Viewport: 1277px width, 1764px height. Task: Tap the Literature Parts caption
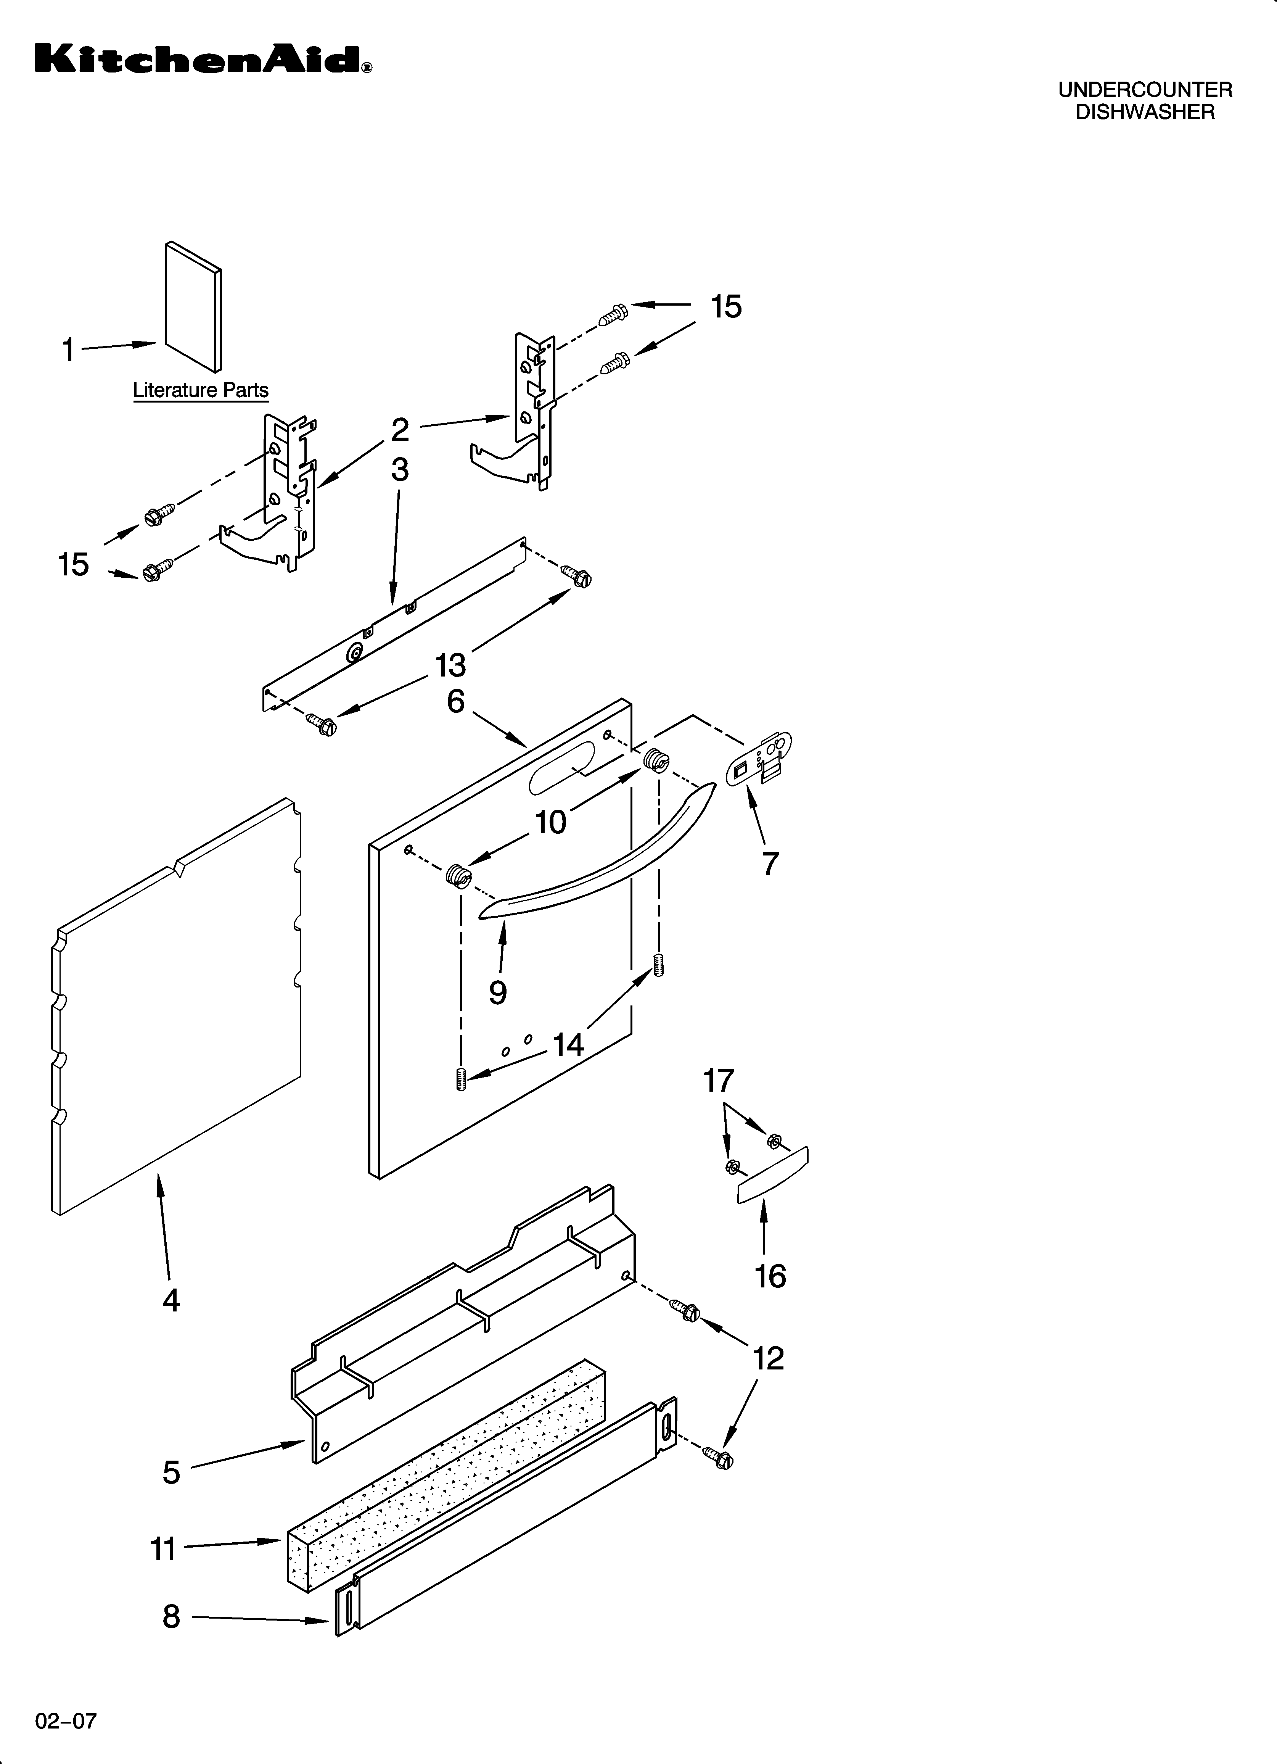click(201, 390)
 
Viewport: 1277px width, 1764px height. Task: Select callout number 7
click(770, 863)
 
